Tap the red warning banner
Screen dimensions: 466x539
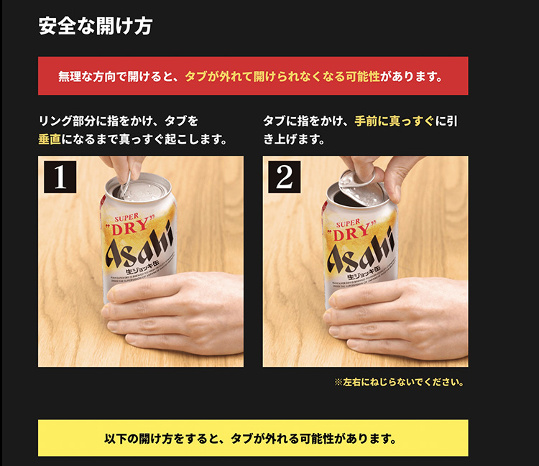pyautogui.click(x=253, y=76)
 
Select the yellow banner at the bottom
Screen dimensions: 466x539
pyautogui.click(x=253, y=438)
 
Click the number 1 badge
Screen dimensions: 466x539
pyautogui.click(x=60, y=177)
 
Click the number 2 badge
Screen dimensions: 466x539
pyautogui.click(x=285, y=177)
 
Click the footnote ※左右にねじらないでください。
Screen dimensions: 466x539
pyautogui.click(x=399, y=382)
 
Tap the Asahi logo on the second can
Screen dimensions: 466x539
pyautogui.click(x=361, y=248)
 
